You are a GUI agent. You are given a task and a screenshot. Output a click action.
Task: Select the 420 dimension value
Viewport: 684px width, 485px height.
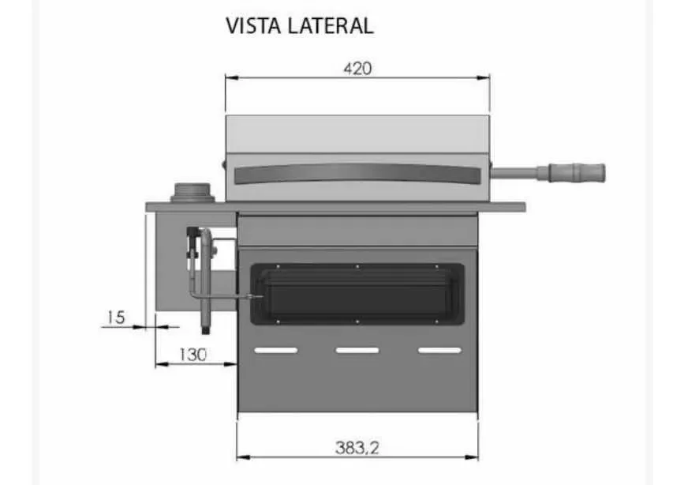[357, 68]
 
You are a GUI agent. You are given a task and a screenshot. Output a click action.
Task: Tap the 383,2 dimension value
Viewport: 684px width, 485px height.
[357, 447]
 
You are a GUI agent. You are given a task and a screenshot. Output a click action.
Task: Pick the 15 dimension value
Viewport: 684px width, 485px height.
[115, 318]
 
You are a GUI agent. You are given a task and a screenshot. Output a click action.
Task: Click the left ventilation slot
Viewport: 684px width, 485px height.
[275, 350]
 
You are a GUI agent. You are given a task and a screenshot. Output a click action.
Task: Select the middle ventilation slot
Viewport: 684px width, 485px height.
[357, 350]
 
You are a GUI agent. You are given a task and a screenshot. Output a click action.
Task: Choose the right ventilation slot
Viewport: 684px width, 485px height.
[439, 350]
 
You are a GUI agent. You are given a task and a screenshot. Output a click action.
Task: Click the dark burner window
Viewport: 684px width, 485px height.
[357, 294]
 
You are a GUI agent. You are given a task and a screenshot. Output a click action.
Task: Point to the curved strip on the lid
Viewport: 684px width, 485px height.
[357, 171]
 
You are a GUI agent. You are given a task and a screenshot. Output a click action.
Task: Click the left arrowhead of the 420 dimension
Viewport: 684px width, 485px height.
[230, 77]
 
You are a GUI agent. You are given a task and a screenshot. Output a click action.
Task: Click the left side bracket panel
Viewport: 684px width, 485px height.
[170, 261]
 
